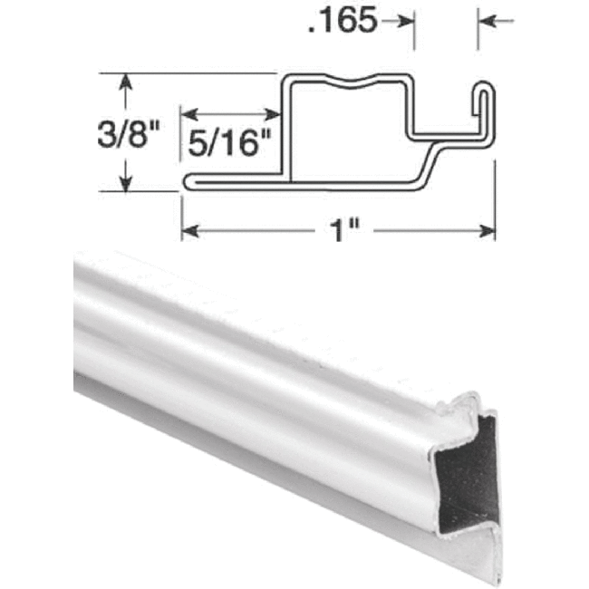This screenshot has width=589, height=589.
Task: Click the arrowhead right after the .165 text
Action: click(x=404, y=20)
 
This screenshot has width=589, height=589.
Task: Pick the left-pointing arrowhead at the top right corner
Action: click(x=488, y=20)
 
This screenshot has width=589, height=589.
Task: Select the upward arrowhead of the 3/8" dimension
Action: click(x=126, y=82)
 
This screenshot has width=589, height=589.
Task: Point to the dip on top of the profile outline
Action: click(x=362, y=87)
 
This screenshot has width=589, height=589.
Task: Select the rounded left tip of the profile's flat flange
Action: click(x=188, y=182)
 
